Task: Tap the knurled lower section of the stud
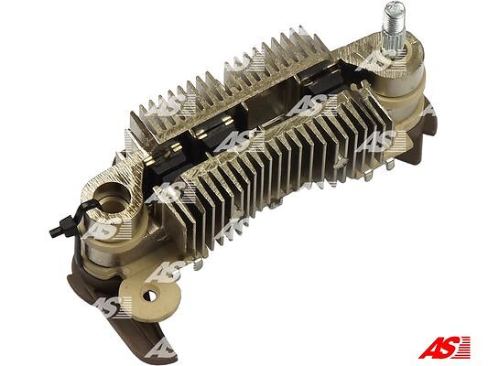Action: tap(393, 40)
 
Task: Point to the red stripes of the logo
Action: tap(464, 346)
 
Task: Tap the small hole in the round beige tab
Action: tap(150, 295)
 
